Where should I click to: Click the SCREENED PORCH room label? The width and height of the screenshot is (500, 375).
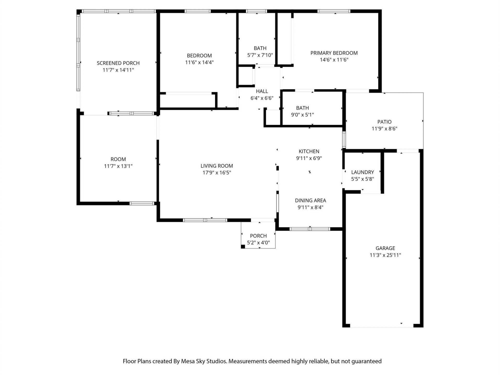pyautogui.click(x=118, y=63)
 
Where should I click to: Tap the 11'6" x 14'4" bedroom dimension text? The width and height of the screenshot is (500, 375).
pyautogui.click(x=199, y=62)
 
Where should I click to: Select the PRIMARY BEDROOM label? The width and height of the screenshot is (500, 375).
pyautogui.click(x=334, y=53)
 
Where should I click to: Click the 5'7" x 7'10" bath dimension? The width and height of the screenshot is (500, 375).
pyautogui.click(x=260, y=55)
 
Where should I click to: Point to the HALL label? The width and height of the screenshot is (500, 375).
pyautogui.click(x=262, y=91)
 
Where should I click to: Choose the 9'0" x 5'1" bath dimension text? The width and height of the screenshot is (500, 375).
pyautogui.click(x=302, y=115)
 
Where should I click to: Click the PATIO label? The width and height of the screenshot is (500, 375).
pyautogui.click(x=384, y=122)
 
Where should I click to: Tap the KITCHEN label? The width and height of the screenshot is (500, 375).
pyautogui.click(x=309, y=151)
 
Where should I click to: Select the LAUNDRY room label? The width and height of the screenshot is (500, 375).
pyautogui.click(x=362, y=172)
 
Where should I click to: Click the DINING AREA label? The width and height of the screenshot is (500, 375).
pyautogui.click(x=310, y=200)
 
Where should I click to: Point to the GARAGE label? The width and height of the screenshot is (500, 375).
pyautogui.click(x=385, y=248)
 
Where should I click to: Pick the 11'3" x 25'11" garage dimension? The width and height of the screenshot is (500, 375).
pyautogui.click(x=385, y=255)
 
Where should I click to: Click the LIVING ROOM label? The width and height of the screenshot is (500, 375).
pyautogui.click(x=217, y=166)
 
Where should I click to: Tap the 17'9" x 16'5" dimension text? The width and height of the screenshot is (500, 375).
pyautogui.click(x=217, y=172)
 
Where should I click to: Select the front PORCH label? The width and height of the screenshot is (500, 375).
pyautogui.click(x=258, y=236)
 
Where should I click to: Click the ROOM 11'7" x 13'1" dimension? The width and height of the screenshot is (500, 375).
pyautogui.click(x=118, y=166)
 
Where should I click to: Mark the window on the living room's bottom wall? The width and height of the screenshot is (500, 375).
pyautogui.click(x=205, y=220)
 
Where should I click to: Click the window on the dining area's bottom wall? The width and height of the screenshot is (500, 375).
pyautogui.click(x=310, y=229)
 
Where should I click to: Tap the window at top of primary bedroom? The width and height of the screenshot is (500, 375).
pyautogui.click(x=334, y=11)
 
